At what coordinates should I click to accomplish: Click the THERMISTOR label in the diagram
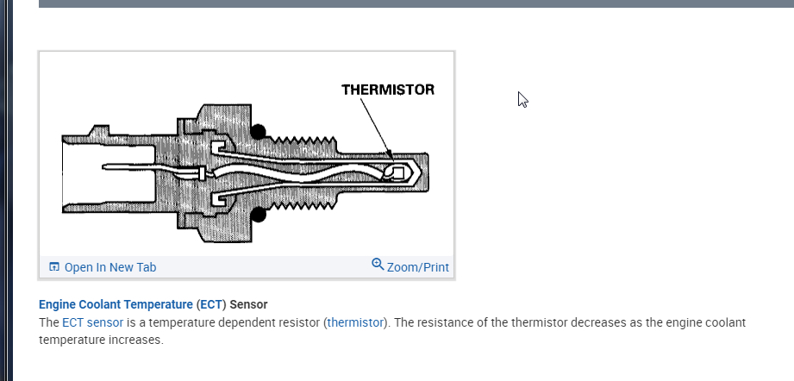tap(387, 90)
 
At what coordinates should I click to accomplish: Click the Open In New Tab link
tap(109, 267)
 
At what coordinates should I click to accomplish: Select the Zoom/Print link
tap(418, 267)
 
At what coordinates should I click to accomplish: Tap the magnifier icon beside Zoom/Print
tap(378, 265)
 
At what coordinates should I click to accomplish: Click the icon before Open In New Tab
tap(54, 267)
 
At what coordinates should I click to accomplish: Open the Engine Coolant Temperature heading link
tap(116, 305)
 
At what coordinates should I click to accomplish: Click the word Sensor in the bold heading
tap(248, 305)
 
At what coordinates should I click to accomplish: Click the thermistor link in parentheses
tap(355, 322)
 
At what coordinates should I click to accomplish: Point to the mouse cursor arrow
tap(522, 98)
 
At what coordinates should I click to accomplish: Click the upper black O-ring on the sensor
tap(259, 132)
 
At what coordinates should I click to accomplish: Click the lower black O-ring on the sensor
tap(259, 213)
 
